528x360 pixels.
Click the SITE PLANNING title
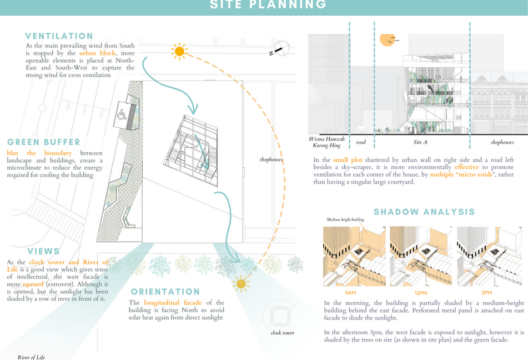pyautogui.click(x=268, y=5)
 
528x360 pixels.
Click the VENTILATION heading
pyautogui.click(x=59, y=36)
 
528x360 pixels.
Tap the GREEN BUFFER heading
pyautogui.click(x=44, y=142)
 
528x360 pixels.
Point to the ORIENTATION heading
pyautogui.click(x=165, y=292)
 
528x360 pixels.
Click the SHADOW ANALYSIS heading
pyautogui.click(x=424, y=212)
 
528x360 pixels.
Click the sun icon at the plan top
pyautogui.click(x=179, y=51)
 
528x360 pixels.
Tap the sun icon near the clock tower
pyautogui.click(x=241, y=284)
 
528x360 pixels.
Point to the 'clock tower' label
pyautogui.click(x=283, y=333)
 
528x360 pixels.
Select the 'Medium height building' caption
pyautogui.click(x=346, y=220)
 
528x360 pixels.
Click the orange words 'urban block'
pyautogui.click(x=97, y=53)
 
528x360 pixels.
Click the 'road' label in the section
pyautogui.click(x=361, y=142)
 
